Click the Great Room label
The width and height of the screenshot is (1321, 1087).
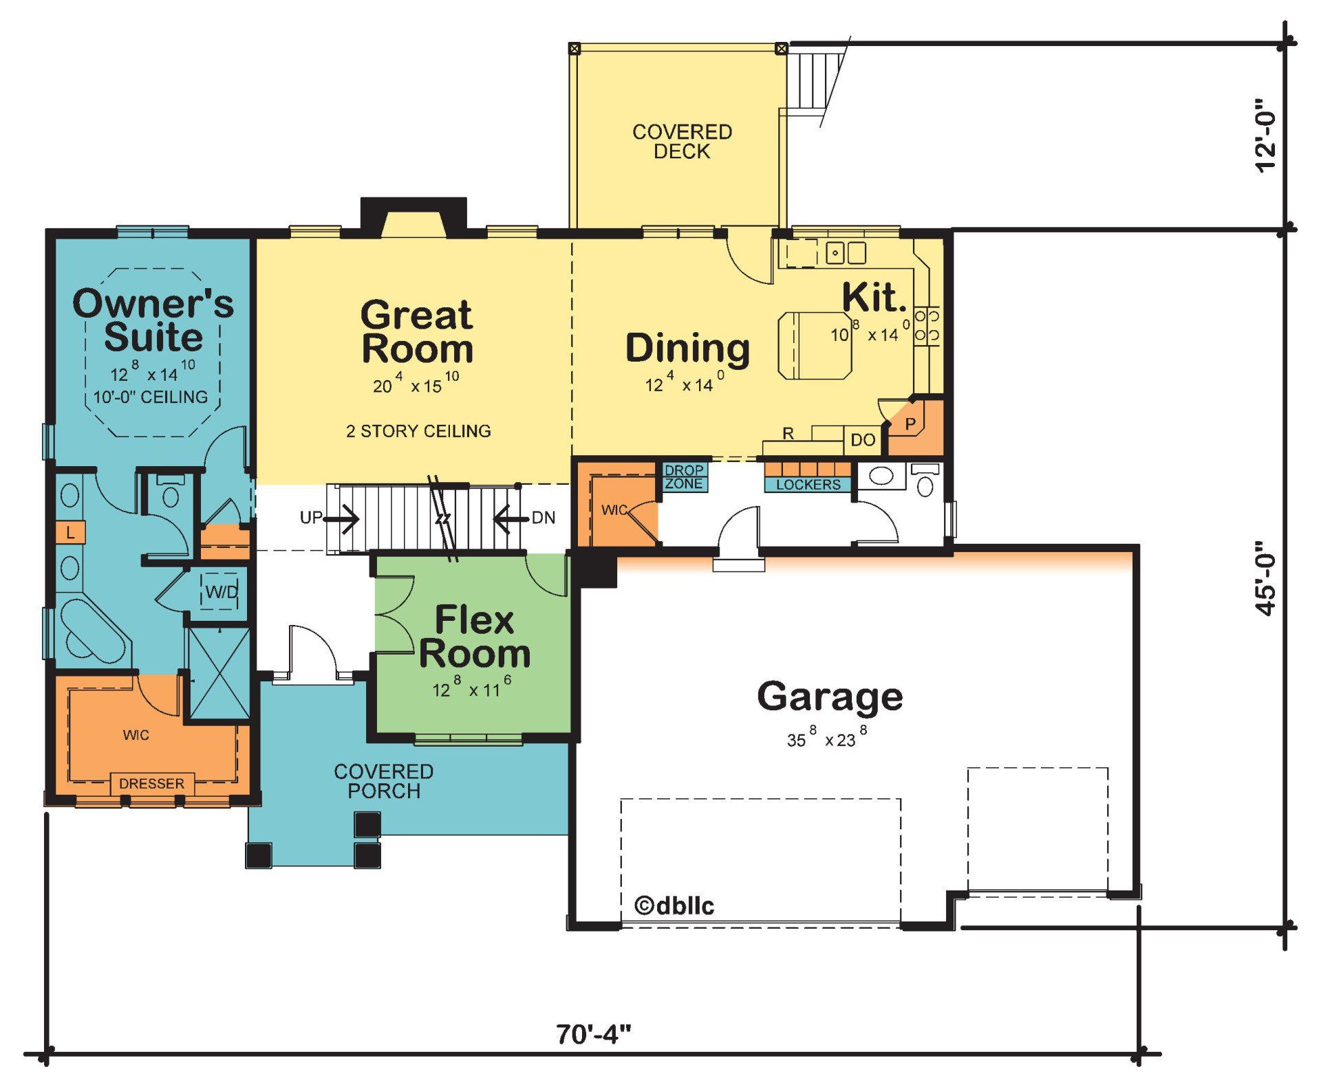click(x=417, y=332)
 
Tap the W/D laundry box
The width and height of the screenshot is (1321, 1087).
click(x=222, y=592)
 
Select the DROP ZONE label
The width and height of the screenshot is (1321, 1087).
click(x=684, y=476)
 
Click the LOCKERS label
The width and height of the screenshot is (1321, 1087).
click(x=808, y=485)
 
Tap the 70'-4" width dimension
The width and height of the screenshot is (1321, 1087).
click(x=593, y=1033)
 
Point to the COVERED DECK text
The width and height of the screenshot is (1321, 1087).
click(x=682, y=142)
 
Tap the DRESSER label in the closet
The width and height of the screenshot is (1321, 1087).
click(x=151, y=784)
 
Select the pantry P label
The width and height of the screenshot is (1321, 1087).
click(x=910, y=424)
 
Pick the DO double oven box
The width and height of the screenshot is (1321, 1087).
click(x=863, y=440)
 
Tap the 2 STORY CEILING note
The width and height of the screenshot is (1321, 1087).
click(x=418, y=431)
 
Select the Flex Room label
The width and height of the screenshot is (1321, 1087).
click(x=474, y=637)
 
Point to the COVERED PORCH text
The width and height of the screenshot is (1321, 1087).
click(x=383, y=781)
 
